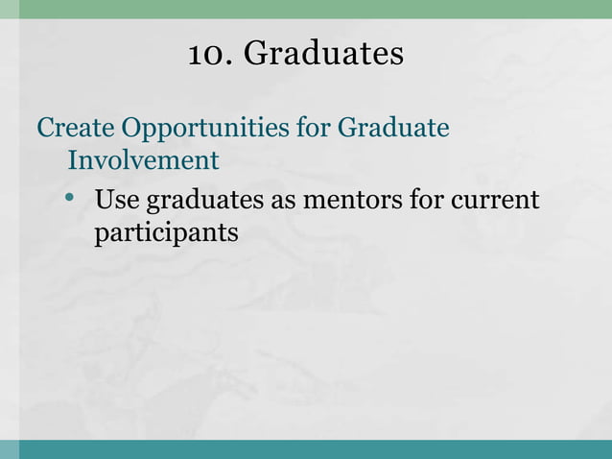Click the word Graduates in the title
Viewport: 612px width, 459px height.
pos(323,55)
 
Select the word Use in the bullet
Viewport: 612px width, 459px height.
pos(114,202)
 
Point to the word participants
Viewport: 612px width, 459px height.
pos(165,234)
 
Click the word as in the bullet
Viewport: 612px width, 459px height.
pos(288,204)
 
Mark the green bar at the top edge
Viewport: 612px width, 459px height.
pos(306,9)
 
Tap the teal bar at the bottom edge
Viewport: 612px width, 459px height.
pos(306,448)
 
